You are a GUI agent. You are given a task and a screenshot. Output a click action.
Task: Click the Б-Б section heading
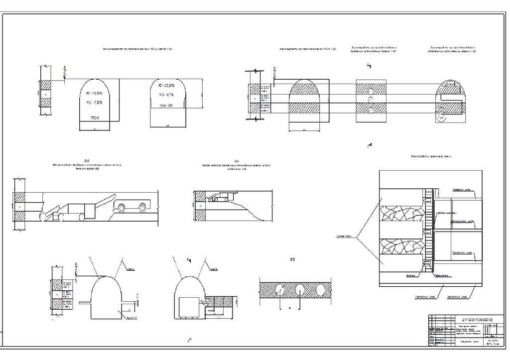(x=293, y=259)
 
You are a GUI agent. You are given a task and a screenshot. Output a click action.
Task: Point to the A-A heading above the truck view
(x=87, y=160)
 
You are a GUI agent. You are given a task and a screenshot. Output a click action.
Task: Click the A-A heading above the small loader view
(x=238, y=160)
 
